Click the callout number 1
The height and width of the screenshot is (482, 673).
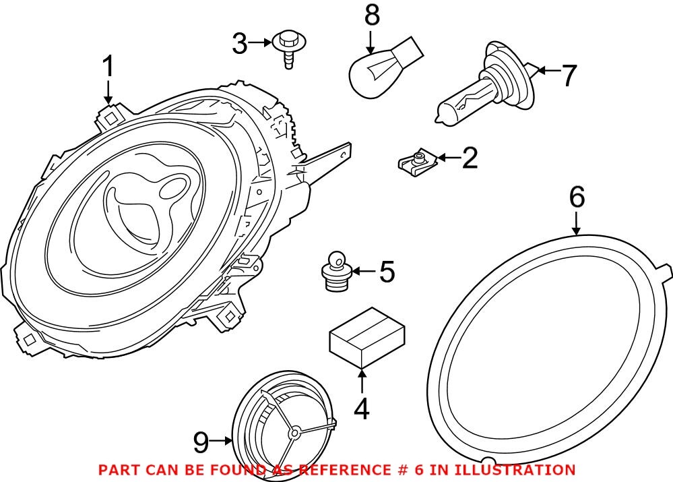(108, 68)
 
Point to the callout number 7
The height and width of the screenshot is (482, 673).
(569, 75)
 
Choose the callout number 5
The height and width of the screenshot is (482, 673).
(387, 272)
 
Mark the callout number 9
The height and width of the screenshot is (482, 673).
(200, 442)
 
